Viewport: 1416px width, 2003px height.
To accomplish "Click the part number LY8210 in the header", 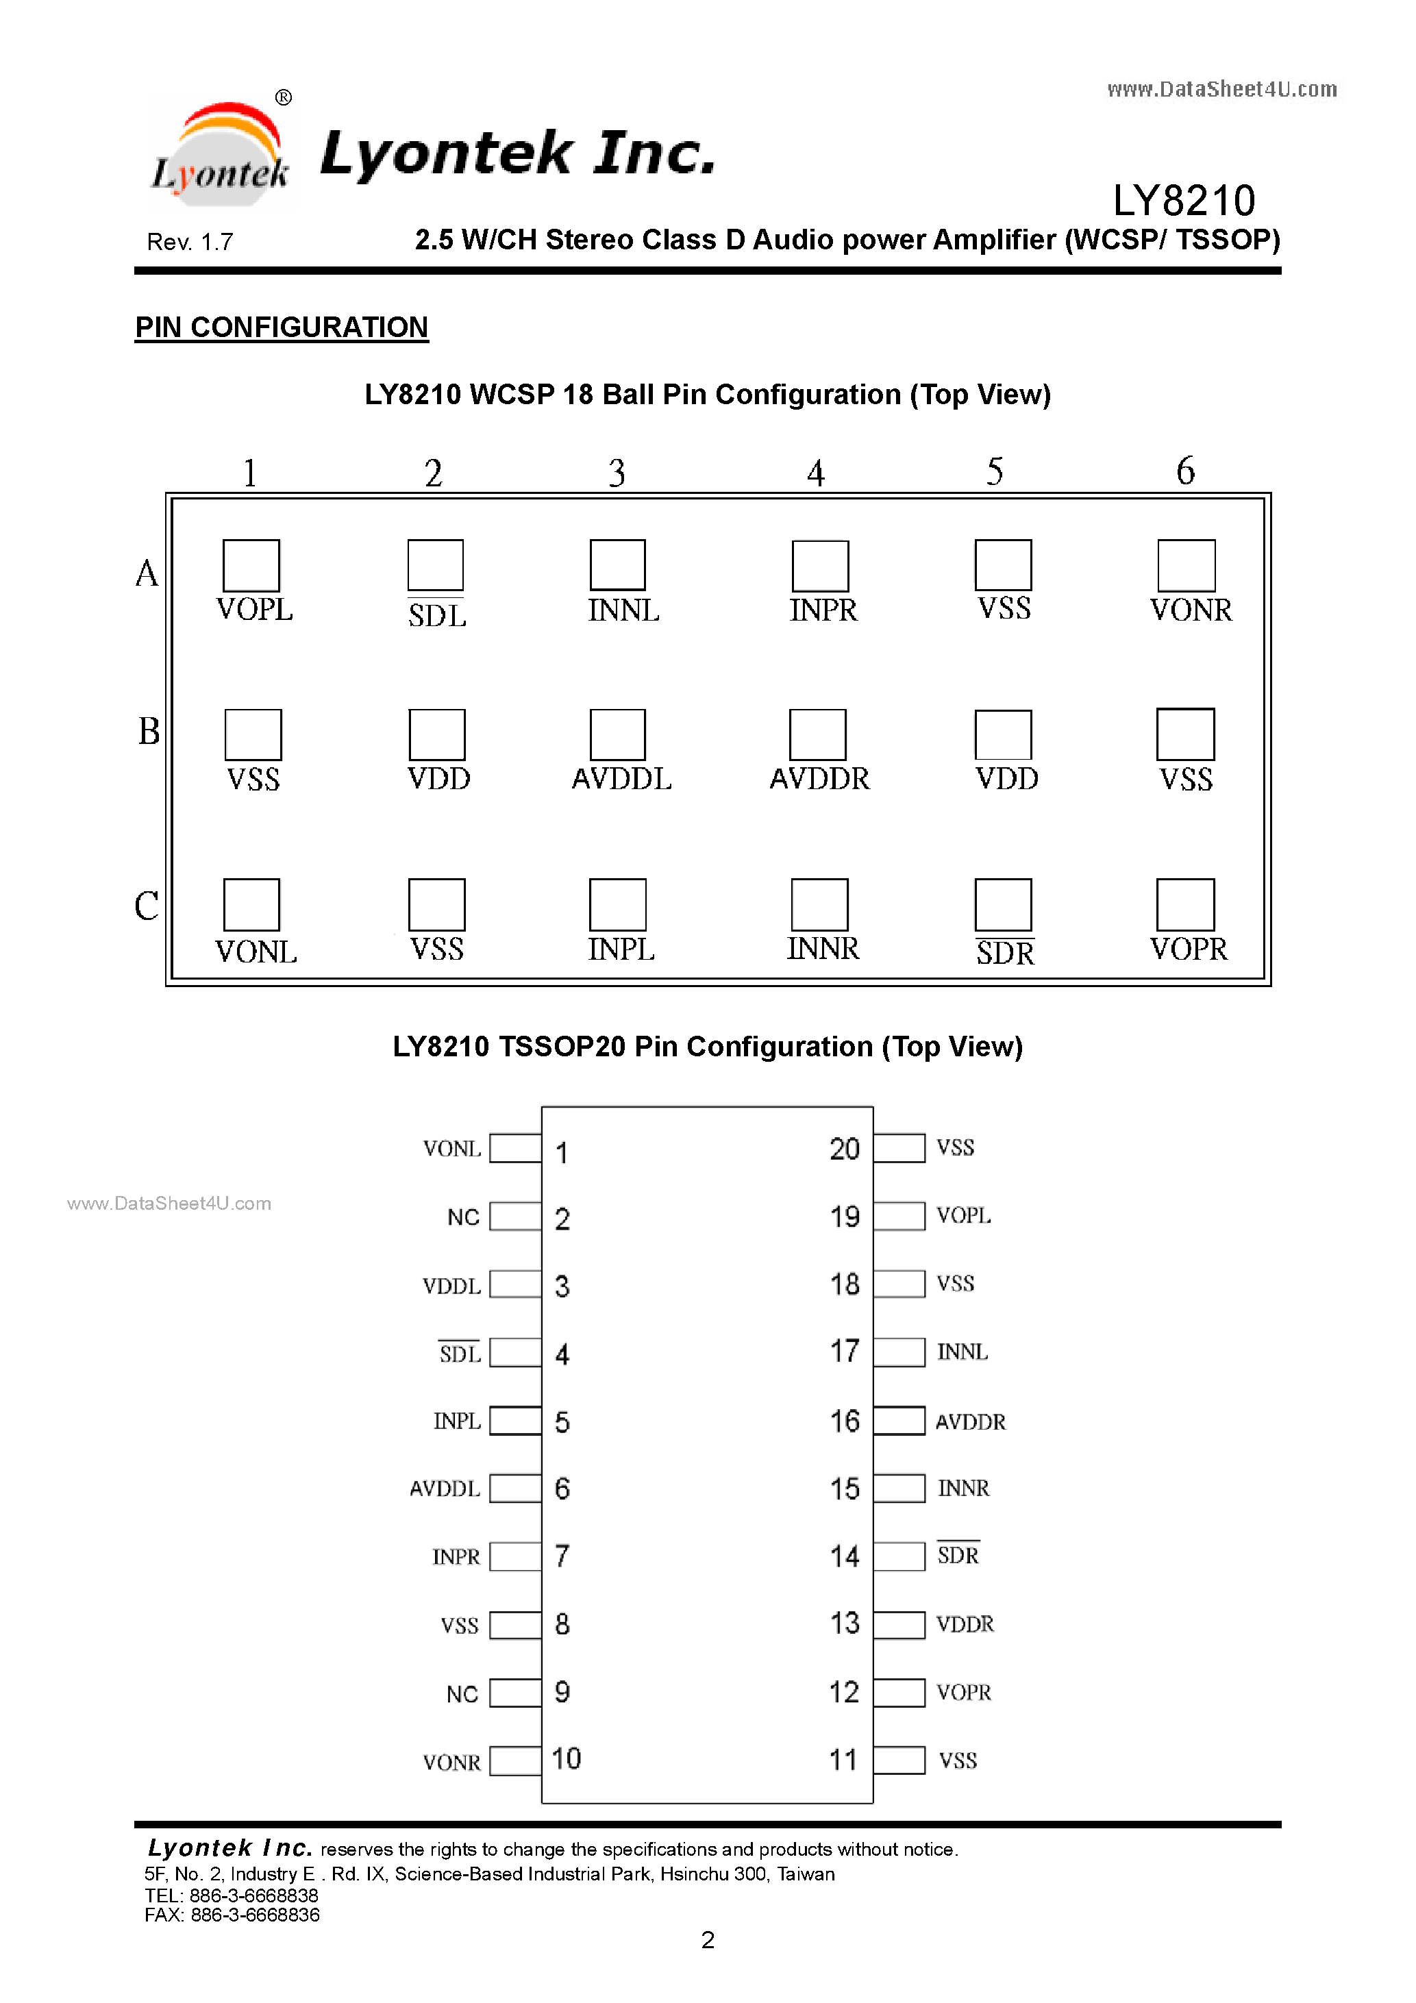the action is pyautogui.click(x=1184, y=201).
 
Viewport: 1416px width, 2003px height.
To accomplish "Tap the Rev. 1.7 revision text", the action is pyautogui.click(x=190, y=242).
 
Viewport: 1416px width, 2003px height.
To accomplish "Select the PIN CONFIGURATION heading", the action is pyautogui.click(x=282, y=327).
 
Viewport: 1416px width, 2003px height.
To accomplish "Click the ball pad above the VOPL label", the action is pyautogui.click(x=251, y=565).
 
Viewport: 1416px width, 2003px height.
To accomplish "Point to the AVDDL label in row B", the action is pyautogui.click(x=622, y=778).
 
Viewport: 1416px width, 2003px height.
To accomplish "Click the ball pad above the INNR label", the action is pyautogui.click(x=819, y=905).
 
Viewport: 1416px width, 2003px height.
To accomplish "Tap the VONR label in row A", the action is pyautogui.click(x=1191, y=610).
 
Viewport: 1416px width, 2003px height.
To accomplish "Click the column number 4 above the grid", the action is pyautogui.click(x=816, y=473).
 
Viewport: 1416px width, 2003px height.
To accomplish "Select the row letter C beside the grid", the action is pyautogui.click(x=147, y=906).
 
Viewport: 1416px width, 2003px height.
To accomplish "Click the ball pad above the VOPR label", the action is pyautogui.click(x=1186, y=905).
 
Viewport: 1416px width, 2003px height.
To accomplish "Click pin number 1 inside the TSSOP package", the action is pyautogui.click(x=562, y=1152).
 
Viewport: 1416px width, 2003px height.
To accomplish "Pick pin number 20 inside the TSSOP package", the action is pyautogui.click(x=845, y=1149).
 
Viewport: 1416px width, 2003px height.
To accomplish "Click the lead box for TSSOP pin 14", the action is pyautogui.click(x=899, y=1556).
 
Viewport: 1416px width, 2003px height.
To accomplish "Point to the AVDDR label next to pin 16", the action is pyautogui.click(x=970, y=1422).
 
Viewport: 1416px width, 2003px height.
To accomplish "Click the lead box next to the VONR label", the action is pyautogui.click(x=516, y=1761).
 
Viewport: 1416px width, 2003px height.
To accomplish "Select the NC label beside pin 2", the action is pyautogui.click(x=463, y=1217).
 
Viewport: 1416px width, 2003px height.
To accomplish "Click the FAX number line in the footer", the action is pyautogui.click(x=232, y=1915).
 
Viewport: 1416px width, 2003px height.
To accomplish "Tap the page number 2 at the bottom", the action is pyautogui.click(x=708, y=1939).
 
